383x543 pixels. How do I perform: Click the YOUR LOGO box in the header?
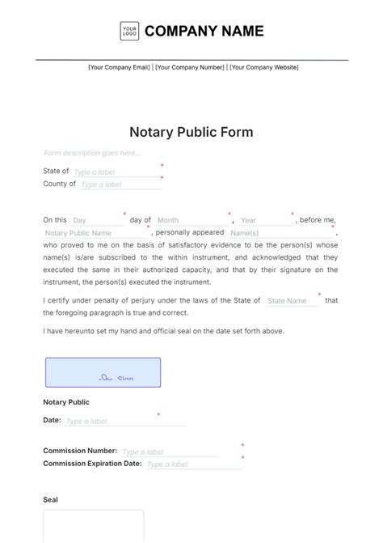[129, 32]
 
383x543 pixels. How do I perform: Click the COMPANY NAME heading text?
[204, 32]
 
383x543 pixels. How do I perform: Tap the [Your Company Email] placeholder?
[120, 67]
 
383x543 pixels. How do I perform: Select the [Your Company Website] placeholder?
[263, 67]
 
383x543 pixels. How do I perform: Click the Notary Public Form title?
[191, 132]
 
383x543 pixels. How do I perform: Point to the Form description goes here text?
[82, 153]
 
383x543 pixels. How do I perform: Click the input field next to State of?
[116, 172]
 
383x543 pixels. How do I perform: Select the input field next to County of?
[120, 185]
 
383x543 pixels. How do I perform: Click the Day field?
[95, 220]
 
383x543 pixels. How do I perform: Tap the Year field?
[265, 220]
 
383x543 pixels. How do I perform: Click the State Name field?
[291, 301]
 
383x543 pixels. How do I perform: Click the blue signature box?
[103, 372]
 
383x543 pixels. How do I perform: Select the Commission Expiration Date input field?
[192, 465]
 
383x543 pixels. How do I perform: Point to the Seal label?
[50, 500]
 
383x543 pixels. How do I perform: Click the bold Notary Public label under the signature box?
[66, 402]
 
